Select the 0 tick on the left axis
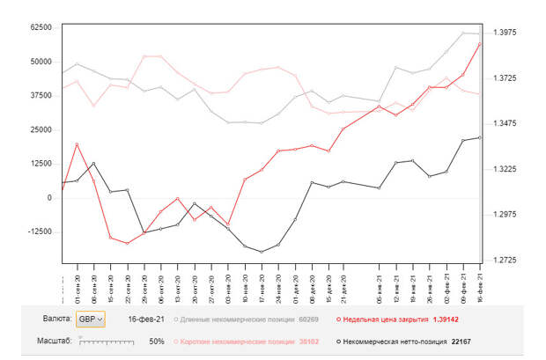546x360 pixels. point(49,198)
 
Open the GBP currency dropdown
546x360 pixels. point(90,319)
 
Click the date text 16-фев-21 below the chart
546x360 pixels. point(146,320)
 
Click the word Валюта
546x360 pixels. point(57,319)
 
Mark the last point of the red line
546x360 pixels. point(480,44)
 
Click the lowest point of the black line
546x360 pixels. point(262,252)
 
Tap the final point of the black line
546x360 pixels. point(480,137)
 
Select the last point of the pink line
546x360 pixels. point(480,94)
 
